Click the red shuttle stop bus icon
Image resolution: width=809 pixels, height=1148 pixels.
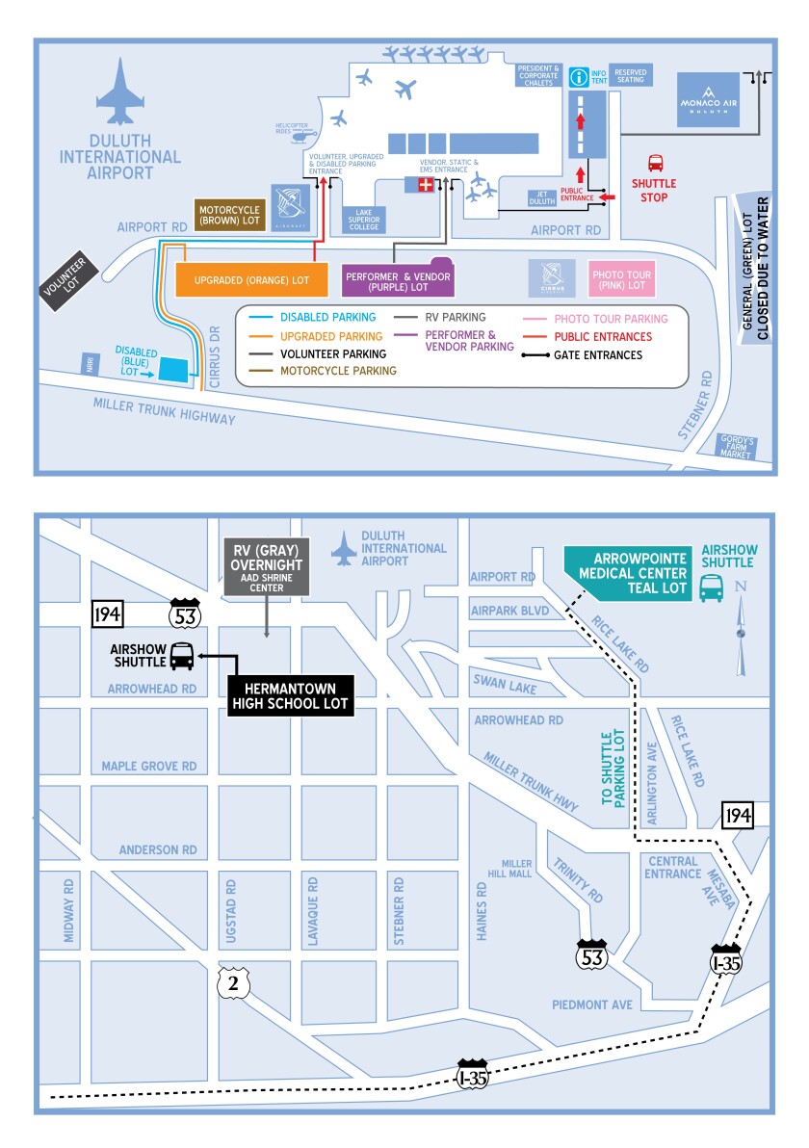coord(655,164)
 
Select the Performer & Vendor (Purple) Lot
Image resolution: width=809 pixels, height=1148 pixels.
coord(397,279)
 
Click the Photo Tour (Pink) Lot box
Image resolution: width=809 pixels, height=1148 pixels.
coord(621,279)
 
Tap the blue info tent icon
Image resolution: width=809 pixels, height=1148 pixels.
coord(578,75)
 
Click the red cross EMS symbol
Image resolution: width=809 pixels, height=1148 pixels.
coord(425,185)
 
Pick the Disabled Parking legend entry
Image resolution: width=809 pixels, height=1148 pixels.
coord(314,317)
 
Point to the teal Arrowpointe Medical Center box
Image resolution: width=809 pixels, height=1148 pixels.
coord(626,573)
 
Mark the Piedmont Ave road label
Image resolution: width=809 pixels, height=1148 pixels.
coord(591,1004)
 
